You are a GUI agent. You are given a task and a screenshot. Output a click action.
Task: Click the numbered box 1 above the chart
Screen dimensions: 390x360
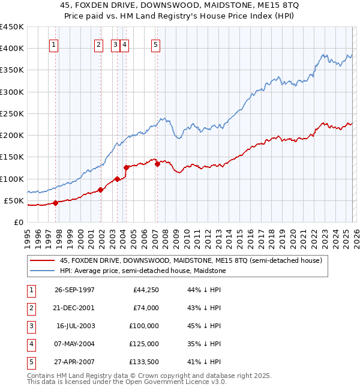[54, 44]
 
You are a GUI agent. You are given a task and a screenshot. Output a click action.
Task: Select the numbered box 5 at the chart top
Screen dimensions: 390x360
[155, 44]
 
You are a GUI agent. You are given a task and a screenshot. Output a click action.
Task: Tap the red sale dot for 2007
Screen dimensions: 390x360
[157, 164]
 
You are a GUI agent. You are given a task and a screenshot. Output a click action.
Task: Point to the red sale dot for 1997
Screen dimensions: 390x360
[55, 203]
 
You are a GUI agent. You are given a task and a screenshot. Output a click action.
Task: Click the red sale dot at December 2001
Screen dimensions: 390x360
[101, 190]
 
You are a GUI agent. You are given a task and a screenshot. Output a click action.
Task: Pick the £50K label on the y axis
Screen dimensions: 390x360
[14, 200]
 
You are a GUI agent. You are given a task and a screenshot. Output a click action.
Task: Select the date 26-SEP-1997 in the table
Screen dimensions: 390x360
[74, 290]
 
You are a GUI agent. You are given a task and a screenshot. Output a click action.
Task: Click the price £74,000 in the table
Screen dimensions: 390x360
[146, 308]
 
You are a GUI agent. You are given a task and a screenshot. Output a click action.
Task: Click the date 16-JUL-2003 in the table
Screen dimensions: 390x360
[76, 326]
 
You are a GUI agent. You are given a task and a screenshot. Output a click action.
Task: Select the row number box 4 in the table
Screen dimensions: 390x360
[31, 344]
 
